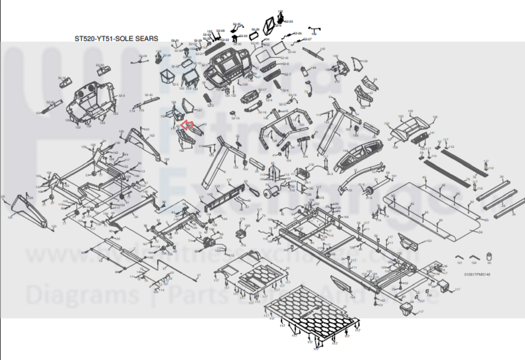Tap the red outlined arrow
click(186, 125)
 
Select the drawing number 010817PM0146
click(477, 274)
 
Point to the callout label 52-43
click(284, 58)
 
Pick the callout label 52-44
click(292, 52)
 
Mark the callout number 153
click(428, 241)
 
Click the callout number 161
click(10, 217)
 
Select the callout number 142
click(322, 49)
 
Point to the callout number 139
click(364, 61)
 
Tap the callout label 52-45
click(149, 95)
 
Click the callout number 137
click(199, 110)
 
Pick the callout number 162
click(152, 136)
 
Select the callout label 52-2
click(121, 96)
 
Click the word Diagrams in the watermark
click(82, 295)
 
